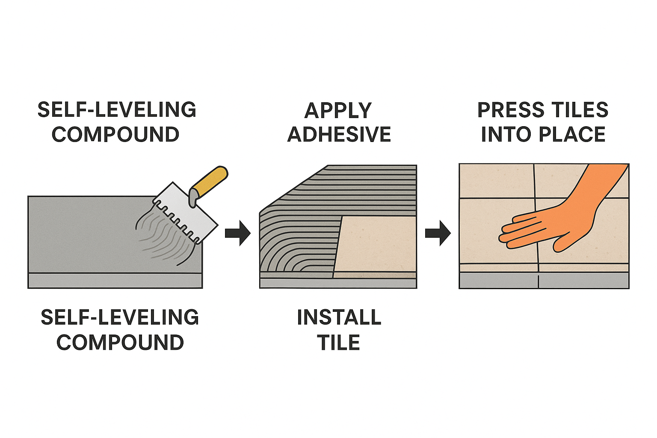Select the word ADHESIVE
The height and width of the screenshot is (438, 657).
(339, 135)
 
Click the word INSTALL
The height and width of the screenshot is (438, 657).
(339, 317)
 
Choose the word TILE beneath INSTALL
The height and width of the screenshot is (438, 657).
(338, 343)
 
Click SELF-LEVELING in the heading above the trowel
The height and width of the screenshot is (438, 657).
(116, 110)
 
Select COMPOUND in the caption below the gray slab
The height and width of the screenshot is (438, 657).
(120, 343)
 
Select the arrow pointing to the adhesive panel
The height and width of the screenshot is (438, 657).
(237, 233)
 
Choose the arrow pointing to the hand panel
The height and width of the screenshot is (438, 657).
(438, 233)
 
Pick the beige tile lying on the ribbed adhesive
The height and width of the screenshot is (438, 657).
(376, 244)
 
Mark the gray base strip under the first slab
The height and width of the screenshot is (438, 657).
(115, 281)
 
